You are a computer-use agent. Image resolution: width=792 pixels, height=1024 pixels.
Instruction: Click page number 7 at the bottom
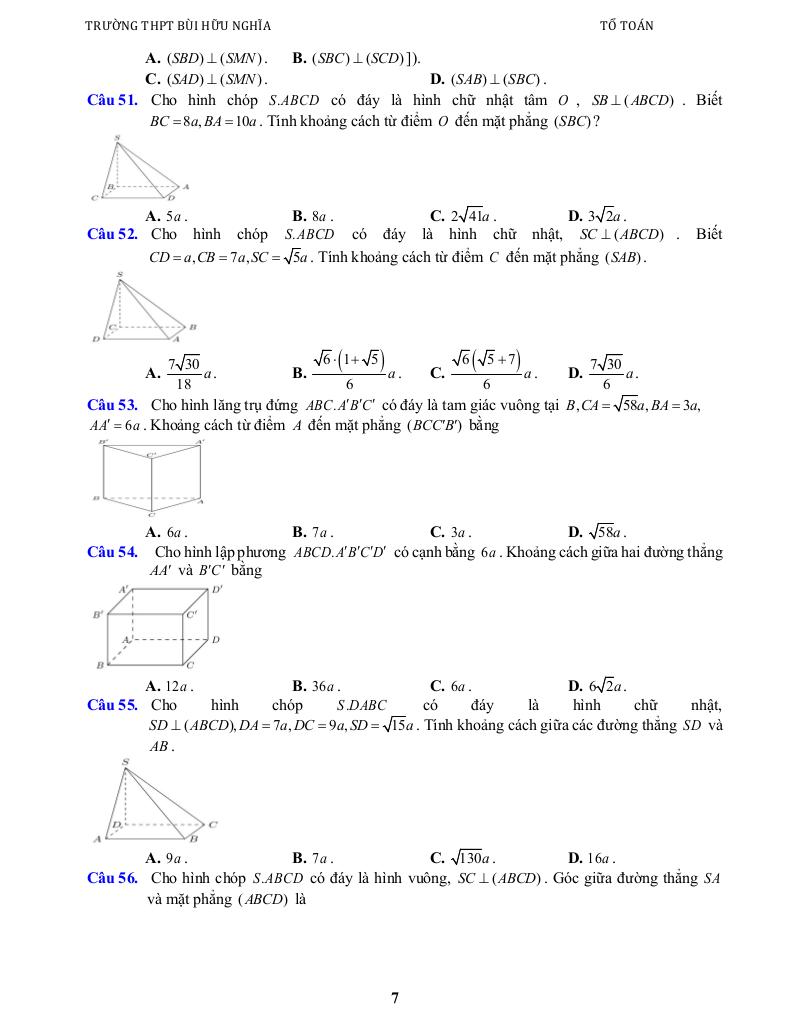(x=395, y=997)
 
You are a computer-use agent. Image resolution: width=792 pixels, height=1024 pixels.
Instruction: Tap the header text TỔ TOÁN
(x=626, y=26)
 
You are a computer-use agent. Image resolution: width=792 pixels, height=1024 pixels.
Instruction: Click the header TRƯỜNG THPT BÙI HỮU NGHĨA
(x=178, y=26)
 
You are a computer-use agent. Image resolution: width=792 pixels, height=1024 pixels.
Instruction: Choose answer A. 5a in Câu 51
(x=166, y=216)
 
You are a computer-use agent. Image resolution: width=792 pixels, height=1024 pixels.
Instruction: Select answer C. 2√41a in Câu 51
(x=462, y=216)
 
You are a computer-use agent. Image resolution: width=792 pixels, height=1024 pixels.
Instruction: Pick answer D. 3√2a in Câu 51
(x=596, y=216)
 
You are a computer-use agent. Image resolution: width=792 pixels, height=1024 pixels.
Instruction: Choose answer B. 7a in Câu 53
(x=312, y=533)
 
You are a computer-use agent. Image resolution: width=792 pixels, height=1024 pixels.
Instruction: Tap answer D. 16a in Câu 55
(x=591, y=858)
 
